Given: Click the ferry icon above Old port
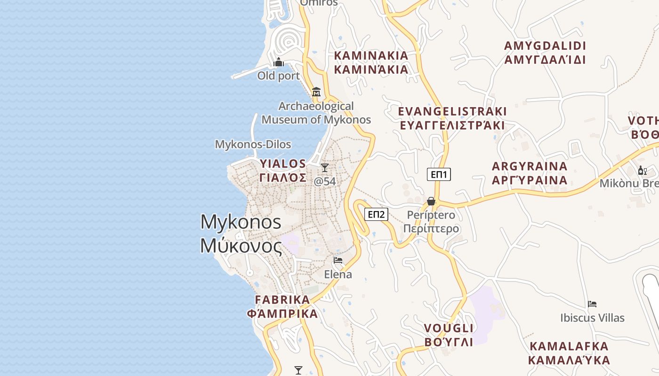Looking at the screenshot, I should pos(279,63).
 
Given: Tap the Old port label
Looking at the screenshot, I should pos(278,76).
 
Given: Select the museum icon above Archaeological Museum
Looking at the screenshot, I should pos(316,92).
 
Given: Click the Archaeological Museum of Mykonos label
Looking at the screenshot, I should pos(316,113).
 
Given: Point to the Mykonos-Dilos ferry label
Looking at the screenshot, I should pos(253,144).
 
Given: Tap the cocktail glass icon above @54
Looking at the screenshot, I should pos(324,168).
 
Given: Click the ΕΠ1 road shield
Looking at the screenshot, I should pos(439,175).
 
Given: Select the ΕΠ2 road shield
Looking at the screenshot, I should pos(376,215).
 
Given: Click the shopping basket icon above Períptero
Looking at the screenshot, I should pos(431,202).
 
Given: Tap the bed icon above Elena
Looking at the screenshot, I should pos(338,260).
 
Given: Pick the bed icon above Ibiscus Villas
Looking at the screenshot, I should pos(592,304).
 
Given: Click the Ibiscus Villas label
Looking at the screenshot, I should pos(592,318).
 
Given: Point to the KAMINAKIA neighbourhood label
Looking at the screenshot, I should pos(371,63).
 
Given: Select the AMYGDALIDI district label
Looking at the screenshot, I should pos(545,53).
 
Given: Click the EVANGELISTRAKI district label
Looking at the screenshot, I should pos(452,118).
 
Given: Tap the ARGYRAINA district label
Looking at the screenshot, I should pos(530,173).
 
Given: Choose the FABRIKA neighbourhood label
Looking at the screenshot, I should pos(282,306).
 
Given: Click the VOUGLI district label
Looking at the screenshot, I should pos(449,335).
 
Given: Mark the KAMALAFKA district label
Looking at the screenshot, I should pos(569,353).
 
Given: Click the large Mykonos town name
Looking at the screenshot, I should pos(241,234).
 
